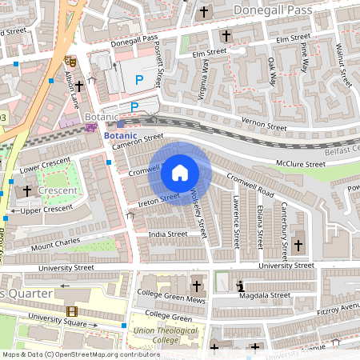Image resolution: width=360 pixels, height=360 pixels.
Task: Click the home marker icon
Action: [x=180, y=172]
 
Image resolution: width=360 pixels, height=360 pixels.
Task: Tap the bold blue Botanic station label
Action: [x=122, y=136]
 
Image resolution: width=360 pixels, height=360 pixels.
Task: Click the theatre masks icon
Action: [x=70, y=60]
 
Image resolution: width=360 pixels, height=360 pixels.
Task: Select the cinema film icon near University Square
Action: [x=73, y=311]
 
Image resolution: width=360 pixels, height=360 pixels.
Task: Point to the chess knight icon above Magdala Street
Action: [x=239, y=285]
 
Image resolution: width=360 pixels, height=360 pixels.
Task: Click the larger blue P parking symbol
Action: [x=139, y=80]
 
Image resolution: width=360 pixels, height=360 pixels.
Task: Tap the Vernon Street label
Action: [x=263, y=126]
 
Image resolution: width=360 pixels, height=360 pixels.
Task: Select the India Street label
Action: [x=167, y=234]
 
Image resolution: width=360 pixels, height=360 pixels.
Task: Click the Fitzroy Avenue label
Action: [x=337, y=306]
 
